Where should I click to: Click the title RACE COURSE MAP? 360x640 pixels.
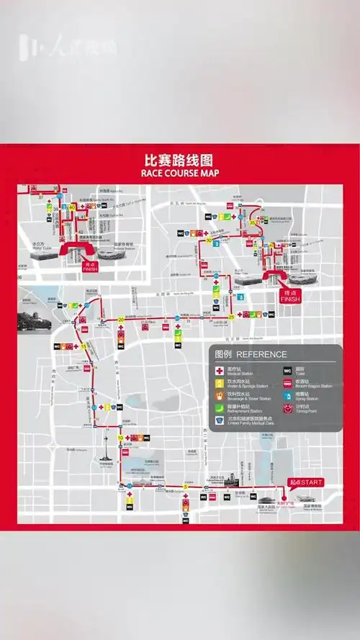click(181, 173)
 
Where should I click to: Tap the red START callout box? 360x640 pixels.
click(305, 482)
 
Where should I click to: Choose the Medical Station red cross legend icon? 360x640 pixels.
click(221, 370)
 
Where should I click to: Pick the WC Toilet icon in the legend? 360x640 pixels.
click(287, 370)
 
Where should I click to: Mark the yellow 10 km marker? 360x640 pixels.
click(120, 438)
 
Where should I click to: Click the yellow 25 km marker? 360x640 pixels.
click(231, 315)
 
